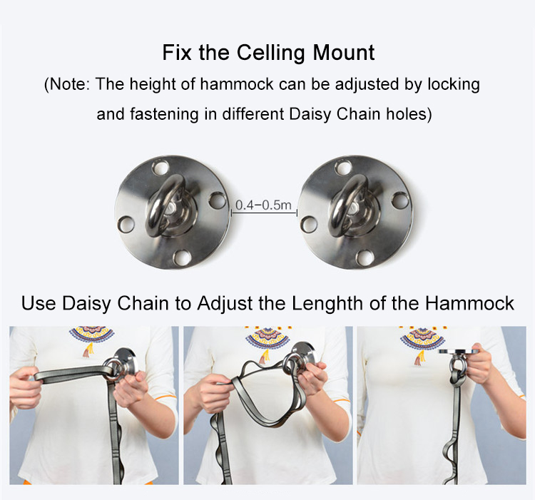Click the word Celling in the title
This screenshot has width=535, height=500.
(270, 53)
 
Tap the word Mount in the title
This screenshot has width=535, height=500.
(344, 53)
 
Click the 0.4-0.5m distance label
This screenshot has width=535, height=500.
(263, 205)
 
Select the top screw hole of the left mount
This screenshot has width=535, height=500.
(160, 168)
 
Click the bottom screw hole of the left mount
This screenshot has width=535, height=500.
(182, 257)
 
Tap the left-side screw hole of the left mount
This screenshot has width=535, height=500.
(126, 225)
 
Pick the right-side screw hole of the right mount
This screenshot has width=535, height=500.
(400, 200)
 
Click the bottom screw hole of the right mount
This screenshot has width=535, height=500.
(365, 257)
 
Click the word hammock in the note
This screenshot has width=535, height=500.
(237, 84)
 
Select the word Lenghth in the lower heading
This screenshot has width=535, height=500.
(327, 303)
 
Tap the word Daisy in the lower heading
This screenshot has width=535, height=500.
(86, 303)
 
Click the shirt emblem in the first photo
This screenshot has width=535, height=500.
(91, 338)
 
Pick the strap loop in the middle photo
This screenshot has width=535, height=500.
(267, 394)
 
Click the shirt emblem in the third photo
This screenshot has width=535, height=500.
(422, 343)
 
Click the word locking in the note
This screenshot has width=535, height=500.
(454, 85)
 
